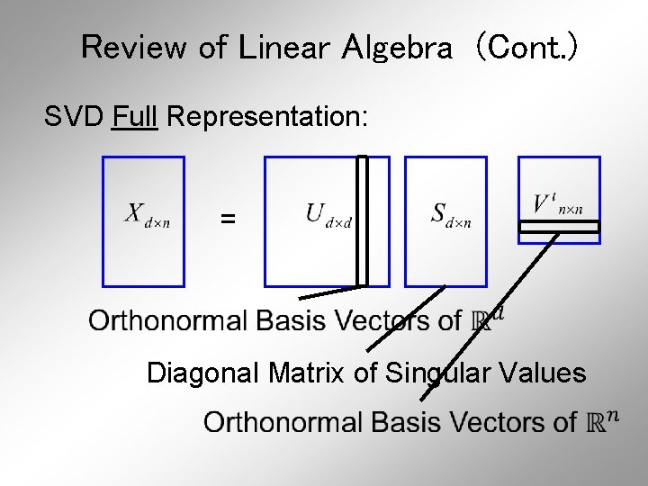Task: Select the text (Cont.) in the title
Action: coord(526,47)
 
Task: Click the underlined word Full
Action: coord(135,116)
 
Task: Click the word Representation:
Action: coord(267,117)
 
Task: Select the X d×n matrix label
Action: coord(146,216)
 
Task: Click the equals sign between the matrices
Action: coord(229,218)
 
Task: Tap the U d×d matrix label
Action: coord(326,215)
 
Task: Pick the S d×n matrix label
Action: coord(450,215)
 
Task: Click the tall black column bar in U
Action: coord(362,220)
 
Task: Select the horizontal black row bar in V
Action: coord(559,227)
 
